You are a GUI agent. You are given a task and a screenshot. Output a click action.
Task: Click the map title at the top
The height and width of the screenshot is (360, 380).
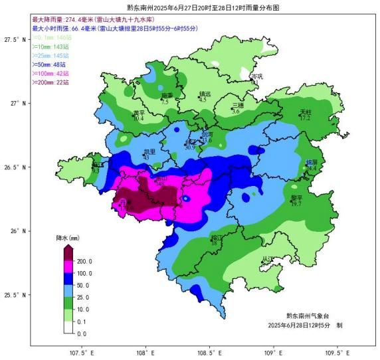189,9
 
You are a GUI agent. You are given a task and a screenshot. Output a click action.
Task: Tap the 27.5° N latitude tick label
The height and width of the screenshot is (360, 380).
15,40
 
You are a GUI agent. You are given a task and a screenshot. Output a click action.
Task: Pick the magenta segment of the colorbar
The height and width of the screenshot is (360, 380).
68,267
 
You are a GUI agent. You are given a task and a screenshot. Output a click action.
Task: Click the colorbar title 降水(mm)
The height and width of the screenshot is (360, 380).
68,237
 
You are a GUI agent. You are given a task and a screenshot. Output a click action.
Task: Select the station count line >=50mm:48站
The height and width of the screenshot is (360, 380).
50,64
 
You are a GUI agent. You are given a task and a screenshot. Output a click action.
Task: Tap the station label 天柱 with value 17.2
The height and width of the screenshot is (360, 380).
305,114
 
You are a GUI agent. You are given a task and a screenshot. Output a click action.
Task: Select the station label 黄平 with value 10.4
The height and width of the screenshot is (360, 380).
138,115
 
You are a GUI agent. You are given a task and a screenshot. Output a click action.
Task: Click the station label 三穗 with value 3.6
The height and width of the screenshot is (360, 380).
237,108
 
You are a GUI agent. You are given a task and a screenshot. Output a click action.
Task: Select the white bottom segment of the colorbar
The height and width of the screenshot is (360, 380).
68,327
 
